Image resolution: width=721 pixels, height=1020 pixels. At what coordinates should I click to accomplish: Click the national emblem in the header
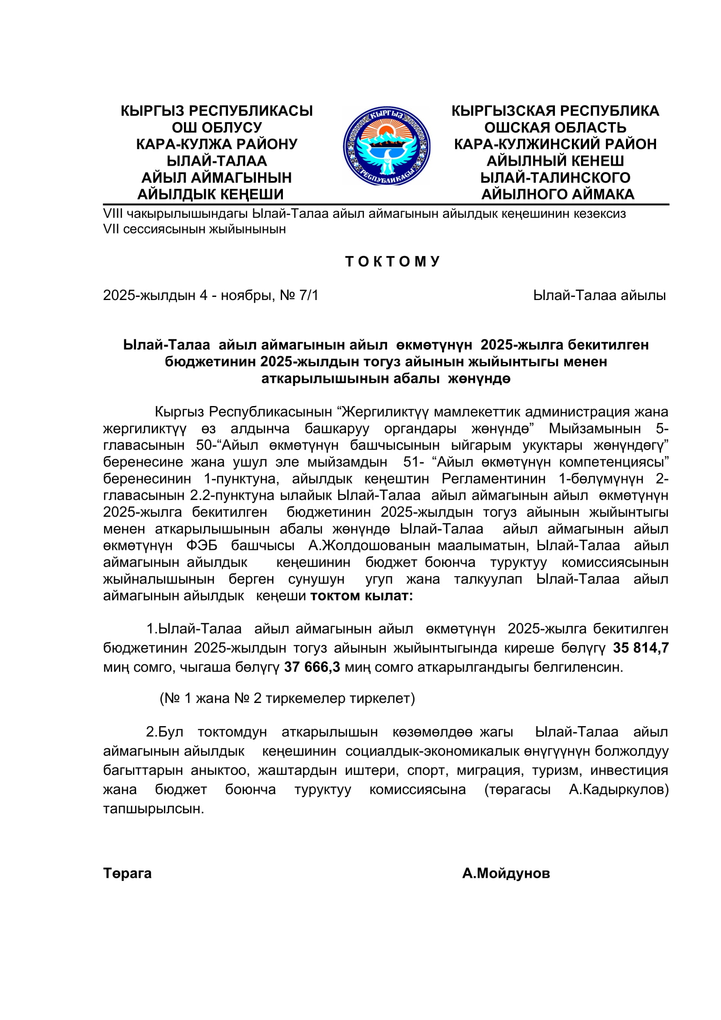click(x=386, y=146)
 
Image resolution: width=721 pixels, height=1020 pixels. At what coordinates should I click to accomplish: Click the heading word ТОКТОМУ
click(x=392, y=261)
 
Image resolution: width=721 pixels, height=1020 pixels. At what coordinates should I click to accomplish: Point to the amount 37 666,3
click(x=312, y=667)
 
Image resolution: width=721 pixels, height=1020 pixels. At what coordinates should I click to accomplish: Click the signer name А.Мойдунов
click(x=506, y=873)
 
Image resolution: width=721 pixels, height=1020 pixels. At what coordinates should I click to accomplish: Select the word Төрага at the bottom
click(x=127, y=873)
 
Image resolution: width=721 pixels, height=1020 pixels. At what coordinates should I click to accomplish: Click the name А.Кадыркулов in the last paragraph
click(x=619, y=789)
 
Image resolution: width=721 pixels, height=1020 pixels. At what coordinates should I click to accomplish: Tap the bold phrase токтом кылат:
click(x=361, y=596)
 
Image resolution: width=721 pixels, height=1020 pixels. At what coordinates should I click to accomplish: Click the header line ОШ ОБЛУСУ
click(x=217, y=127)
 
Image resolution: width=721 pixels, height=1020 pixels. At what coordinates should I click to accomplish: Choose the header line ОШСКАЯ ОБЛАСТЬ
click(x=555, y=127)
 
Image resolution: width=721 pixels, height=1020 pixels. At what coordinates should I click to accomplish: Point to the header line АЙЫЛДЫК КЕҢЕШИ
click(x=211, y=194)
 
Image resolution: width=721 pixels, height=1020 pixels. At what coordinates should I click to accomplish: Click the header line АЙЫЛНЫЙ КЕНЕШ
click(x=555, y=161)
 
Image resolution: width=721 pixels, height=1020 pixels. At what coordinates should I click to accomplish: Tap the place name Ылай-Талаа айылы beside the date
click(x=599, y=295)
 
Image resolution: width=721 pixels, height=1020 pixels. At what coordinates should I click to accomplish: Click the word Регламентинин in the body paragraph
click(x=494, y=479)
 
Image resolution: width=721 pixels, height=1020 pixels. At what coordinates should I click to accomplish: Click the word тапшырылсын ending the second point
click(x=153, y=809)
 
